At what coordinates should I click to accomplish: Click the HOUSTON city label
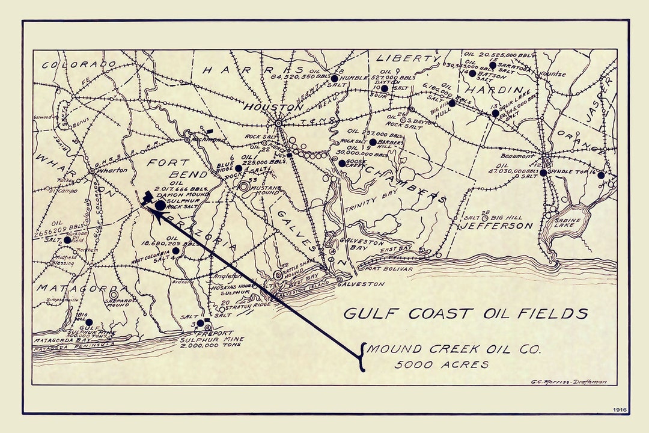273,107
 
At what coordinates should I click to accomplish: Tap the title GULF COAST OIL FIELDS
465,314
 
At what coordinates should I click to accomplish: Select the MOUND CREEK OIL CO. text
454,349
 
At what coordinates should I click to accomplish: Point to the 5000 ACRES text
441,364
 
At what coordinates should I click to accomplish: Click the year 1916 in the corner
620,410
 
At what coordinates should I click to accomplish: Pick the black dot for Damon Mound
160,205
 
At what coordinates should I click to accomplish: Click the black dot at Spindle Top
543,173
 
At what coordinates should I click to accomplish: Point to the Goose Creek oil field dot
342,163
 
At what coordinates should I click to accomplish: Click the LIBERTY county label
408,59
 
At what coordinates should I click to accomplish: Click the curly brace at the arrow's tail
361,357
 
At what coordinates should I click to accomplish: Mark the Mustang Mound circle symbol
244,187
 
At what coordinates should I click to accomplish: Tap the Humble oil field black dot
334,78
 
